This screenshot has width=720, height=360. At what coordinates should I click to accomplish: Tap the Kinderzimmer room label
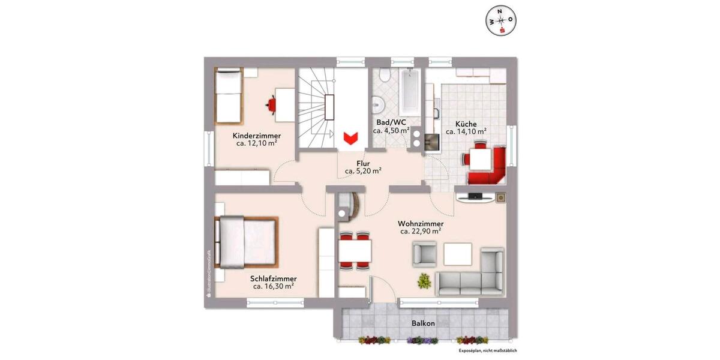point(256,136)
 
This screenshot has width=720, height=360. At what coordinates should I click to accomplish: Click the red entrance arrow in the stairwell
point(350,137)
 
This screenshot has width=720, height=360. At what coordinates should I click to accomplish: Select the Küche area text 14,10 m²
point(466,131)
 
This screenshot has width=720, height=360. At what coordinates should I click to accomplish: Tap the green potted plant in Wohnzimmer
point(424,280)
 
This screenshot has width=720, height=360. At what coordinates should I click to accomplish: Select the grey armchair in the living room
point(424,254)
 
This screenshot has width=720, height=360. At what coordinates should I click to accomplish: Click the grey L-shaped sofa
point(474,276)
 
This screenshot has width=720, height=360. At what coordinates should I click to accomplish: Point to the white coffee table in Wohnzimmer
point(459,254)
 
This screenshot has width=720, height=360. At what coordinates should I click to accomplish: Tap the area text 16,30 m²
point(273,287)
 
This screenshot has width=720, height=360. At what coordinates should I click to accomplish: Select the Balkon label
point(423,323)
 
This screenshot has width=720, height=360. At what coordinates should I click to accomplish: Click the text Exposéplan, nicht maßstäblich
point(487,350)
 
